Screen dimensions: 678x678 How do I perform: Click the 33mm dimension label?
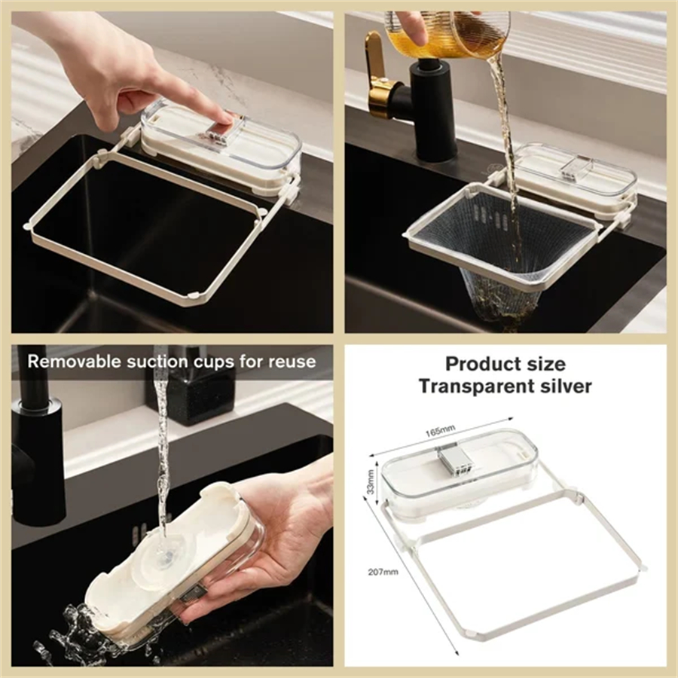[371, 478]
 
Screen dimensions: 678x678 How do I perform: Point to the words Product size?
[505, 364]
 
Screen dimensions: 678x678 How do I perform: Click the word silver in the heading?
[565, 386]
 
